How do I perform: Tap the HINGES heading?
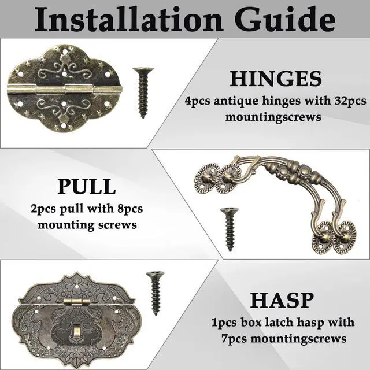(276, 79)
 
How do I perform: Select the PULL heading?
(87, 187)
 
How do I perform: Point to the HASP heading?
(282, 301)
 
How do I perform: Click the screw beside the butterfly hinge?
(143, 92)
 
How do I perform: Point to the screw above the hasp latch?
(154, 292)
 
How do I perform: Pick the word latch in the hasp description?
(265, 322)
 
